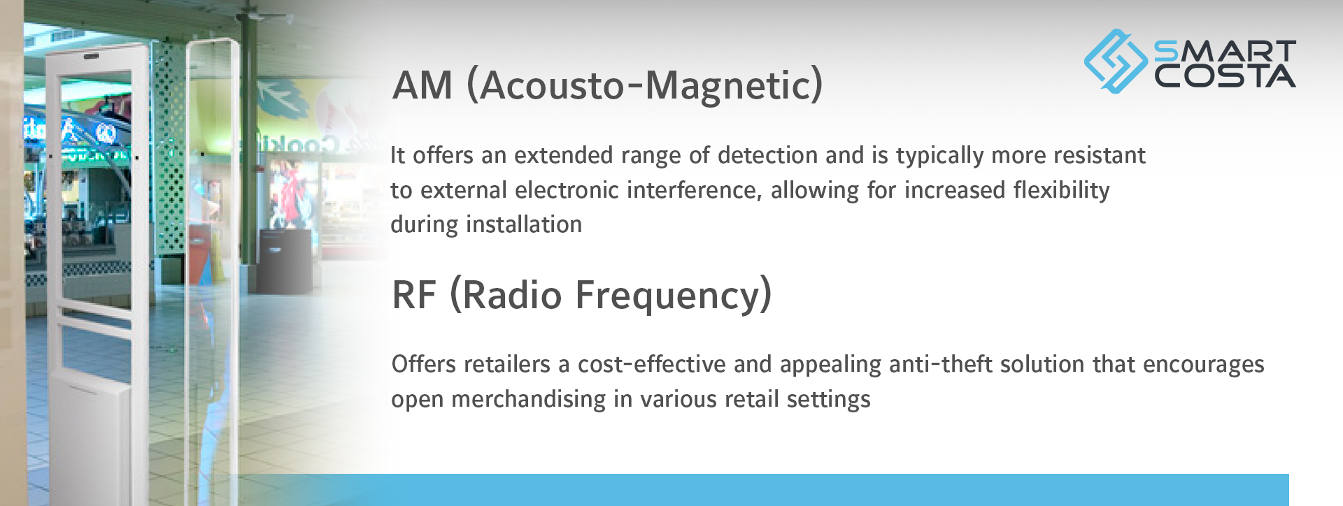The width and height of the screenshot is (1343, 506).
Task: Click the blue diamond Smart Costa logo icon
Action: (x=1116, y=61)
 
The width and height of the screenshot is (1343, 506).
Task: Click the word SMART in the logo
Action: (x=1225, y=51)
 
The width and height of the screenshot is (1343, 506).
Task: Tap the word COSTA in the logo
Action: (x=1225, y=76)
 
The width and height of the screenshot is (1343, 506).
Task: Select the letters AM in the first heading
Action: (x=422, y=86)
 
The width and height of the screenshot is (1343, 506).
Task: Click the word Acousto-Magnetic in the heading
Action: (x=645, y=86)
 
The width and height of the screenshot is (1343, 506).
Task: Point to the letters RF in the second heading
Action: (x=414, y=295)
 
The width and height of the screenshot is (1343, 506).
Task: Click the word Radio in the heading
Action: (x=512, y=295)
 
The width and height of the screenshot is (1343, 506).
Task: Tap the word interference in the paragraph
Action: (x=690, y=190)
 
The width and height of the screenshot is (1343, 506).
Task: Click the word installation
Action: (x=524, y=224)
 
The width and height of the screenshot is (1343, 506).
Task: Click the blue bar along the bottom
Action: (x=762, y=490)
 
